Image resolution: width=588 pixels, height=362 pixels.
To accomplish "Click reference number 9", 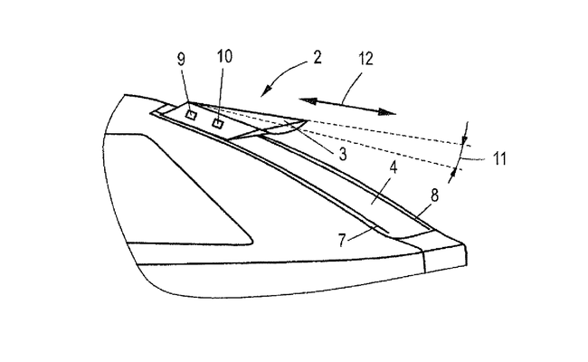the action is (182, 59).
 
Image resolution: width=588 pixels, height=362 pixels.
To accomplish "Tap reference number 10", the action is (224, 56).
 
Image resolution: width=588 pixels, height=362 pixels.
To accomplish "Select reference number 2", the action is (318, 58).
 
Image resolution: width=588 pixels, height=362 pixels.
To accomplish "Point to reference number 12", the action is (365, 59).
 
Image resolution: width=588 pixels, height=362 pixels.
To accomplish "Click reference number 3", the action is (342, 154).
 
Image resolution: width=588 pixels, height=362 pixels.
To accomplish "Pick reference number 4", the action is (393, 167).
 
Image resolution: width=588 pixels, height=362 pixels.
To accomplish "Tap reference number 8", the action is (434, 195).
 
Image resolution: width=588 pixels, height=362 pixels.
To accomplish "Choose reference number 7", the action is (342, 241).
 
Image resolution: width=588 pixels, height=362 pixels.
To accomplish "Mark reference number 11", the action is (499, 158).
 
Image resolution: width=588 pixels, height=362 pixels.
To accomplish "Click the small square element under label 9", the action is (192, 115).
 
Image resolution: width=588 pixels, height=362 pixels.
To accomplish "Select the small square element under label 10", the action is (217, 123).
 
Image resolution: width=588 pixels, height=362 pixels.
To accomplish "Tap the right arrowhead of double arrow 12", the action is (386, 112).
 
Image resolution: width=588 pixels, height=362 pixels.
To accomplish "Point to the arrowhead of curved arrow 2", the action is (267, 90).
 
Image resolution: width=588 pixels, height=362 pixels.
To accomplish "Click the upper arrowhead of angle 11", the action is (465, 140).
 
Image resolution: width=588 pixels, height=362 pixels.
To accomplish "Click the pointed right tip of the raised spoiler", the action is (308, 120).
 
